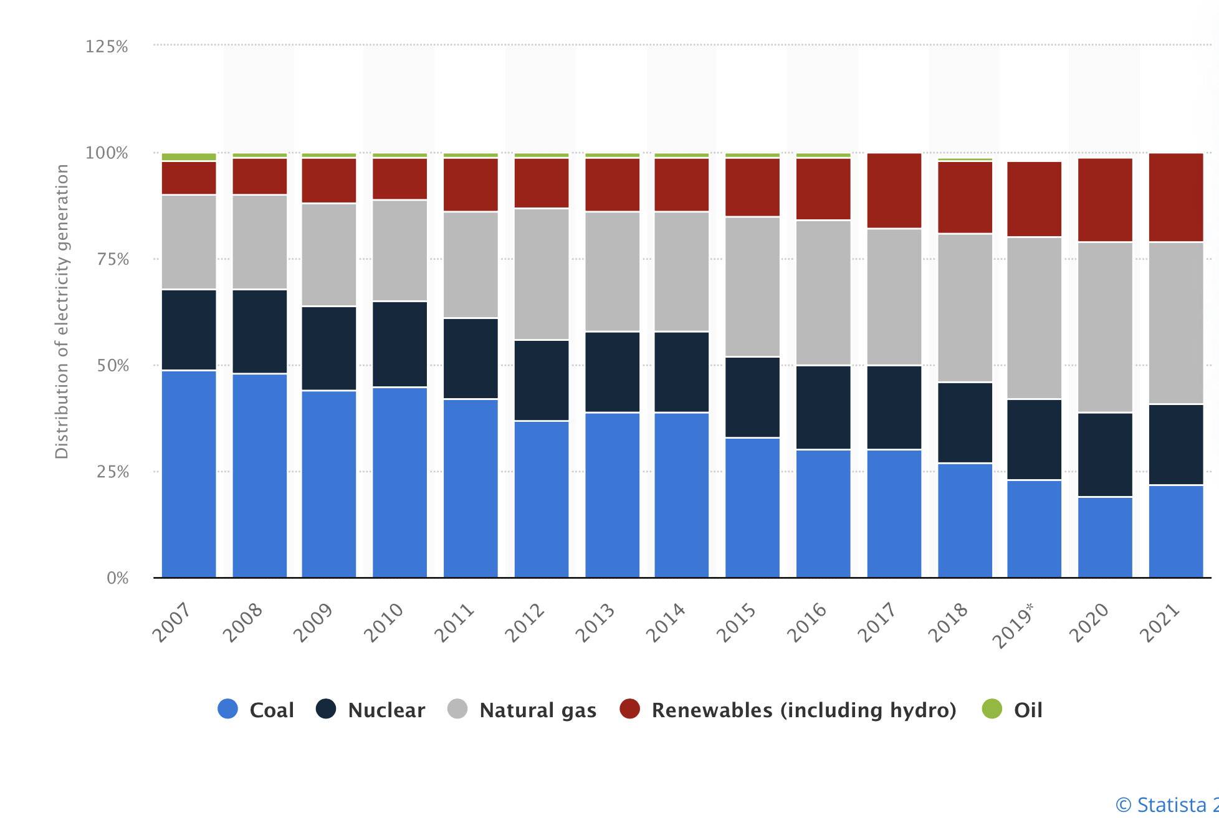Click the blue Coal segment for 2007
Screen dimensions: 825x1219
point(189,474)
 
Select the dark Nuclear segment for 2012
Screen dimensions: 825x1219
point(542,380)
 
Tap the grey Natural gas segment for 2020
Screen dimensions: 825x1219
point(1105,327)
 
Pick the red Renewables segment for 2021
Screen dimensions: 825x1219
point(1176,197)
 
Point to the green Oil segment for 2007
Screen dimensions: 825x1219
point(189,157)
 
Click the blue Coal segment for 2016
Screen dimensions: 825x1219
point(823,513)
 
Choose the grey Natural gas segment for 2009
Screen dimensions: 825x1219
point(329,255)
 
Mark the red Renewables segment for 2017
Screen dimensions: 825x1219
point(894,191)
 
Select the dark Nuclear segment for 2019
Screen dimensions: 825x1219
point(1035,439)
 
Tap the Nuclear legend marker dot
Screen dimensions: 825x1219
point(326,709)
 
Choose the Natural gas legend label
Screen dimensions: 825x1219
point(538,710)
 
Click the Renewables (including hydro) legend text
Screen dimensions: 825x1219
point(804,710)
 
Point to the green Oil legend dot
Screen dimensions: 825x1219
point(992,709)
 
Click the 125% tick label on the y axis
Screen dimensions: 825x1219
point(107,47)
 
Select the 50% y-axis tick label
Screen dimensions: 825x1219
point(113,366)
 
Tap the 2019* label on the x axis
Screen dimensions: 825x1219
point(1013,625)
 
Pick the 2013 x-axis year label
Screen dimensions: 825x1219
point(595,622)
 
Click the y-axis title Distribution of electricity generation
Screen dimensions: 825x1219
point(62,312)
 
